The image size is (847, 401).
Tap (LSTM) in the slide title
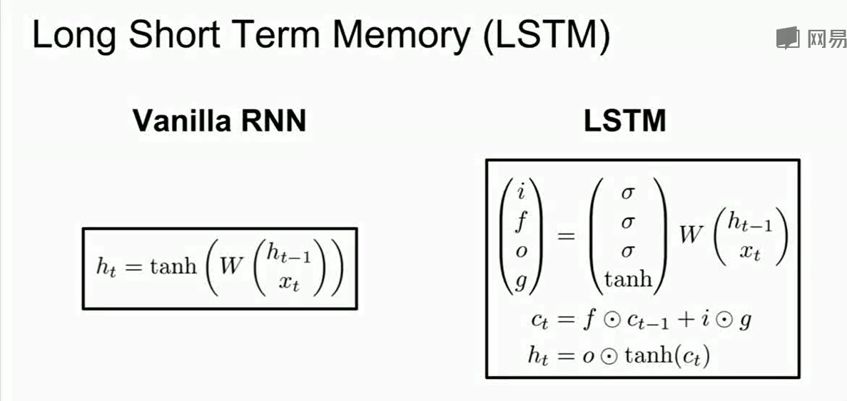pos(547,36)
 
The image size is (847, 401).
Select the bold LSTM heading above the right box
pos(625,121)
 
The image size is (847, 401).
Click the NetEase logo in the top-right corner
pos(811,37)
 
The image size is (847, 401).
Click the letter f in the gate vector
pos(520,222)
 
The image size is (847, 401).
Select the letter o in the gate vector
pos(520,252)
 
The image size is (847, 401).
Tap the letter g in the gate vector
pos(520,281)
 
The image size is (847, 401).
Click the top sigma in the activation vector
pos(628,193)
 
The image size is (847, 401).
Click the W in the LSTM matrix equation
pos(691,235)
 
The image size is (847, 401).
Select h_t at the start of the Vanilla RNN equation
pos(106,268)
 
